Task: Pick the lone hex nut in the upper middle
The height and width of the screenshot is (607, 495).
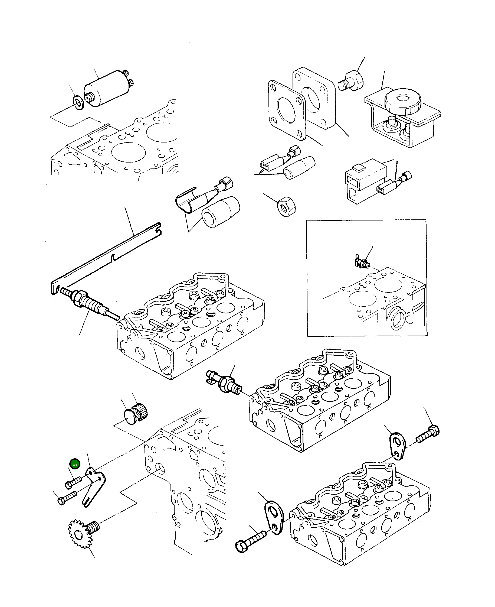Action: point(286,207)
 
